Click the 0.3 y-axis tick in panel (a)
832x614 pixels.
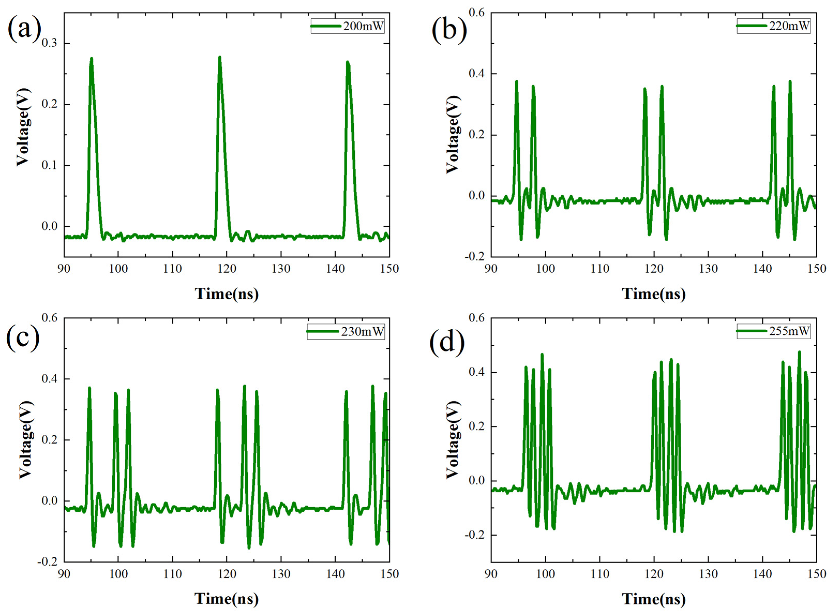[x=50, y=43]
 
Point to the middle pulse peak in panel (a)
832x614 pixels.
[x=219, y=58]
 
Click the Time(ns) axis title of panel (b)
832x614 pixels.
[x=654, y=294]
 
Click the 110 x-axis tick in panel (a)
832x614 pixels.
[x=172, y=269]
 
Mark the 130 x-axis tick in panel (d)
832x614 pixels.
[x=708, y=574]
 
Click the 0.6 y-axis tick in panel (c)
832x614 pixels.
[x=50, y=318]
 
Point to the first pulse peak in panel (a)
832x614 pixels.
[x=92, y=59]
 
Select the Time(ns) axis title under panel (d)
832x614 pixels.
[x=654, y=599]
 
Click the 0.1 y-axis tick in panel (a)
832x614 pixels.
[x=50, y=165]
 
